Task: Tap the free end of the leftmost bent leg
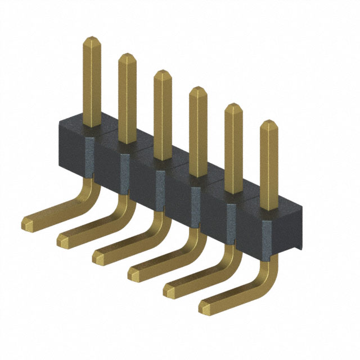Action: pyautogui.click(x=28, y=223)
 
